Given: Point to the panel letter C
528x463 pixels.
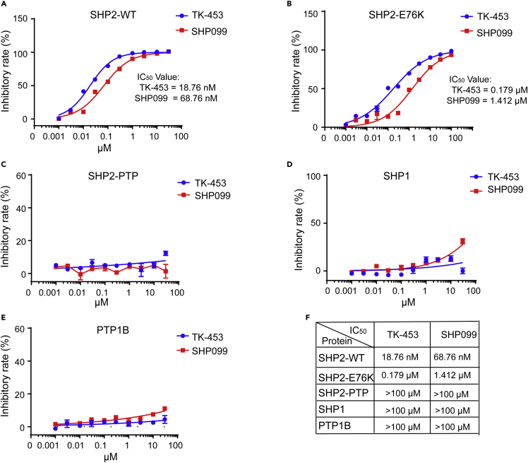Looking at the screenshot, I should click(4, 165).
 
